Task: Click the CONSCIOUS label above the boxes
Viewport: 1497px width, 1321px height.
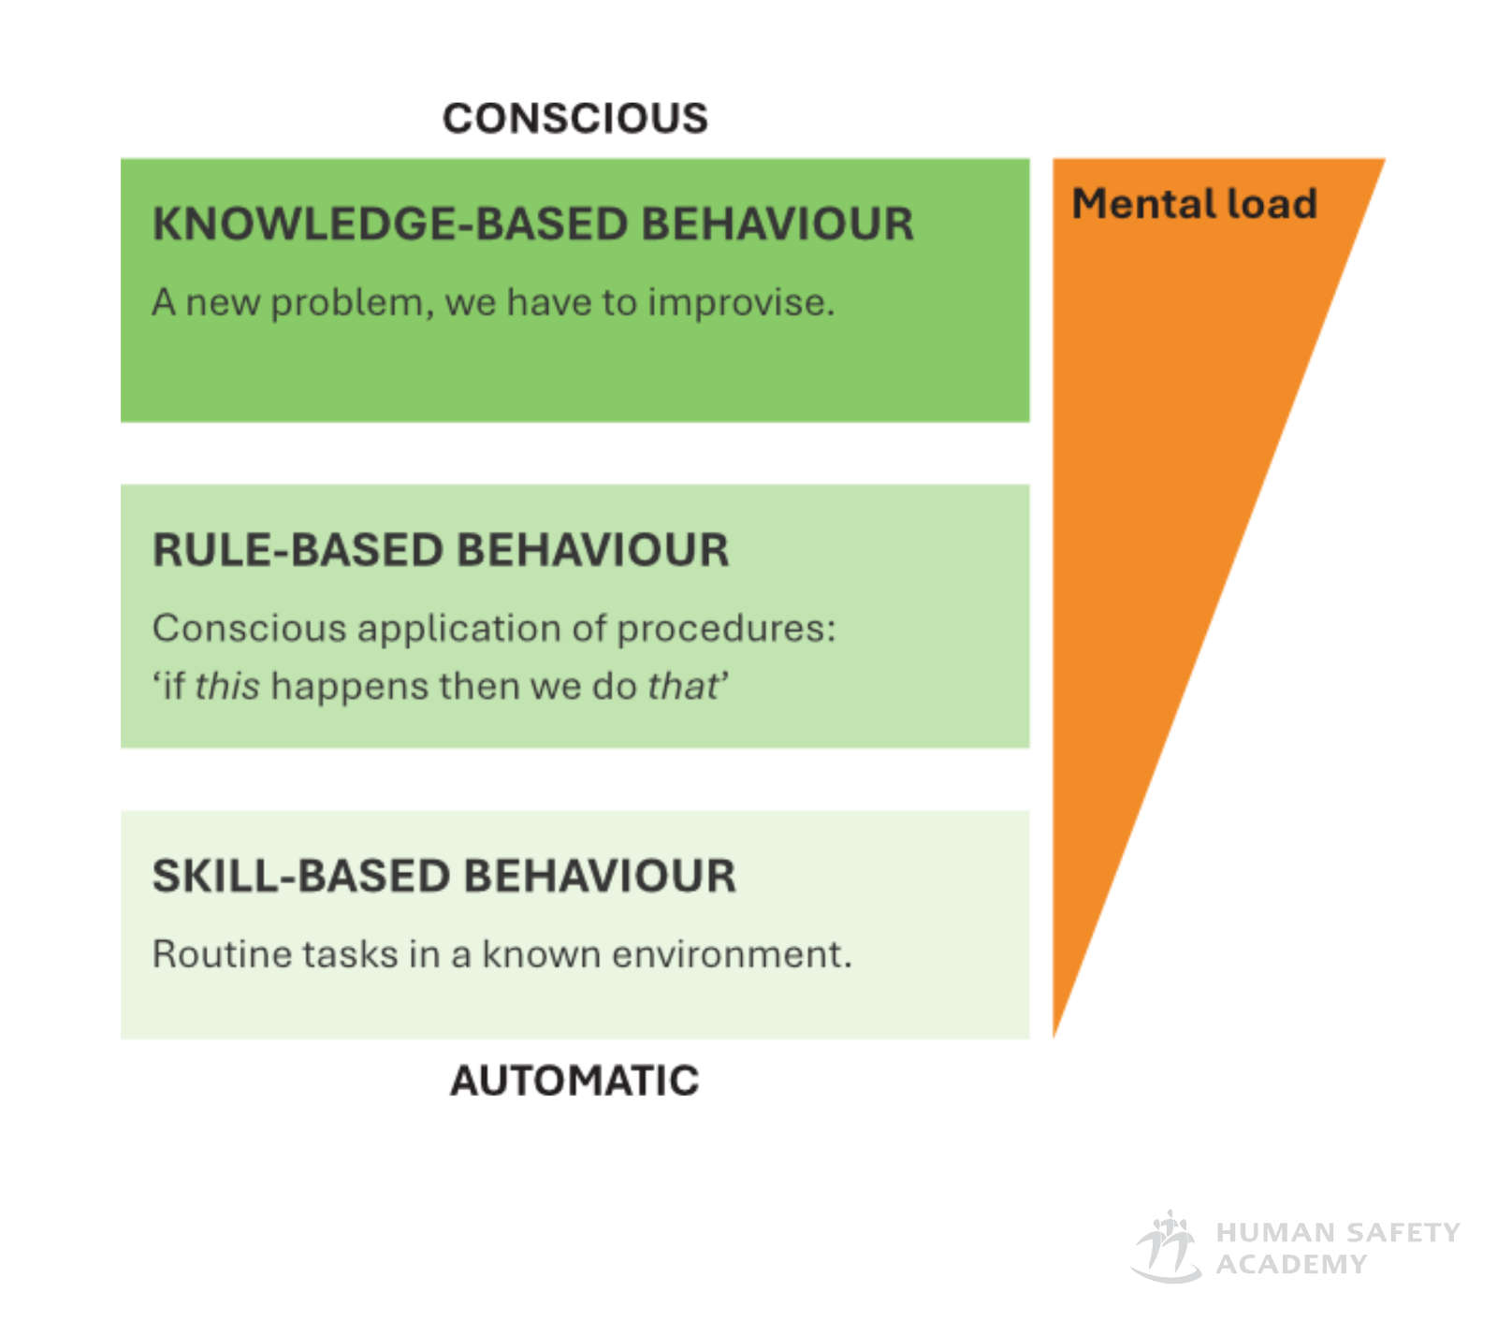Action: (574, 119)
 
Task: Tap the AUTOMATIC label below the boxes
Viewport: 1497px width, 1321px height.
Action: (574, 1081)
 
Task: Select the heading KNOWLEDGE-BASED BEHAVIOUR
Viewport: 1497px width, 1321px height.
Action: (532, 225)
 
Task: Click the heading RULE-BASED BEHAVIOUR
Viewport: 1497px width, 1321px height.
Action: (440, 550)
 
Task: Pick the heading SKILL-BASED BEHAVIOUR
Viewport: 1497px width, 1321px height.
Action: (443, 877)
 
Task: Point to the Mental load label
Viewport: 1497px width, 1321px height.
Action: (1194, 204)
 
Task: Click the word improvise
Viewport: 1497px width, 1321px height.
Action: (740, 303)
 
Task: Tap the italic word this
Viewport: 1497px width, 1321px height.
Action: (226, 687)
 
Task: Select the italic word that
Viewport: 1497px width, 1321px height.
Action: (683, 687)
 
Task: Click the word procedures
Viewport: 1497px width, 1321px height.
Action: (726, 629)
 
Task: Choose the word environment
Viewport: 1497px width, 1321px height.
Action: (731, 954)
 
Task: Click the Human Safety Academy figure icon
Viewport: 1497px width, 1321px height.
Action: (1166, 1247)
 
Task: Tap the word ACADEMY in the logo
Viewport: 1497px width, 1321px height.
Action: (1291, 1265)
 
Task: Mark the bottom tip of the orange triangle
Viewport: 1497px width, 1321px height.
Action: (1054, 1033)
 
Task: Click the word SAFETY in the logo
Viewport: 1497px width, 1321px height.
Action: (1403, 1233)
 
